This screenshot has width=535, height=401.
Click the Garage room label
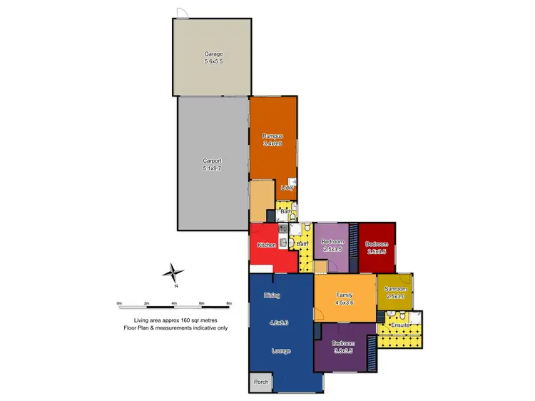(x=214, y=54)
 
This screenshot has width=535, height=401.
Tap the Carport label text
(x=213, y=161)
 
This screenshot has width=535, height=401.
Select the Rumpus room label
(x=272, y=136)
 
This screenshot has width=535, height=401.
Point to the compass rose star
(x=173, y=273)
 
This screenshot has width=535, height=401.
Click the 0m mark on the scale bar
(x=120, y=303)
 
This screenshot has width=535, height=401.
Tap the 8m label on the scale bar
(x=229, y=303)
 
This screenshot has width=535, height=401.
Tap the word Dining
(x=272, y=295)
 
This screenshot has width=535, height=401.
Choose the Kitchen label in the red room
(x=267, y=245)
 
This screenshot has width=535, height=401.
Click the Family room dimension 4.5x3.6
(x=345, y=303)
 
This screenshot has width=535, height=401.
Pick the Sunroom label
(x=394, y=289)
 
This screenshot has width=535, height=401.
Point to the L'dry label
(x=287, y=188)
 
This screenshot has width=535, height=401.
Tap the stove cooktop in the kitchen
(x=282, y=229)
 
